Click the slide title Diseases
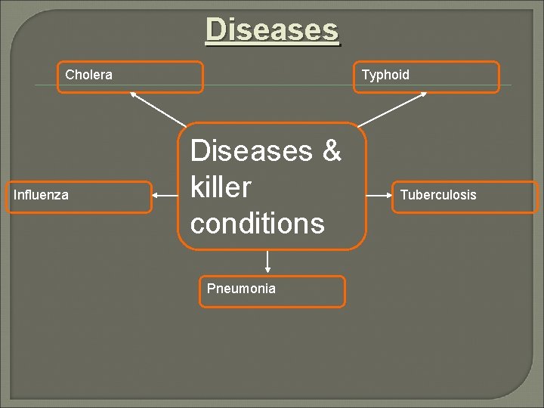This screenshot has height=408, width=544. [x=272, y=30]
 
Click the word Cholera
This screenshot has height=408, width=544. [x=88, y=75]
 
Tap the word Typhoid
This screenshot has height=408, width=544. [x=385, y=75]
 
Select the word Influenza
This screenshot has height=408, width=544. [x=41, y=195]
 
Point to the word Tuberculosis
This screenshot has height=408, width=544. [x=438, y=195]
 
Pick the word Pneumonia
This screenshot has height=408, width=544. [x=241, y=289]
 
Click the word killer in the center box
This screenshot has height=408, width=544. [x=221, y=187]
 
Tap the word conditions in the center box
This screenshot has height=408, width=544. [x=258, y=223]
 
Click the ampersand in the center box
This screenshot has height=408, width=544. [x=332, y=151]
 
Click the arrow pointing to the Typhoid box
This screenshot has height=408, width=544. [x=392, y=109]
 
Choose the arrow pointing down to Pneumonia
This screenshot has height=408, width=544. [x=267, y=261]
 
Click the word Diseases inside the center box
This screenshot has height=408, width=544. [x=251, y=151]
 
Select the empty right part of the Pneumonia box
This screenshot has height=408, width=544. [x=314, y=291]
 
